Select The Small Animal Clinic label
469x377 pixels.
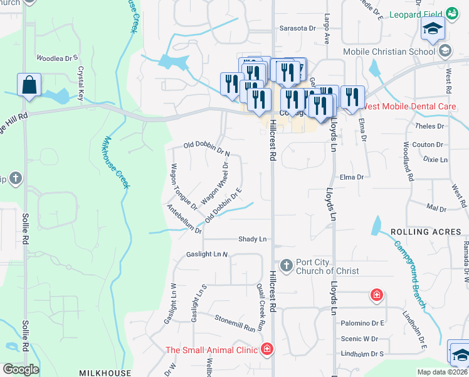[x=212, y=350]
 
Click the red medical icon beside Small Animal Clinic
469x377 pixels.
[x=267, y=349]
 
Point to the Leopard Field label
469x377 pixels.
[x=415, y=14]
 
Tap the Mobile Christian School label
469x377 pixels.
[x=389, y=52]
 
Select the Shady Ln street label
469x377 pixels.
[x=253, y=239]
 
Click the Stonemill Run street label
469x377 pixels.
[x=236, y=323]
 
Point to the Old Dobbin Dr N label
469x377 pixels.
[x=207, y=148]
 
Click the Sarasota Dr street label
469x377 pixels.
[x=297, y=28]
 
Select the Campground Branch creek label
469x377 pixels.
[x=411, y=270]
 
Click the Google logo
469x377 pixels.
[x=20, y=369]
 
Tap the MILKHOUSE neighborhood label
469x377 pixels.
[x=105, y=373]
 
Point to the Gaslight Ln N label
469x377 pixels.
[x=207, y=254]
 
